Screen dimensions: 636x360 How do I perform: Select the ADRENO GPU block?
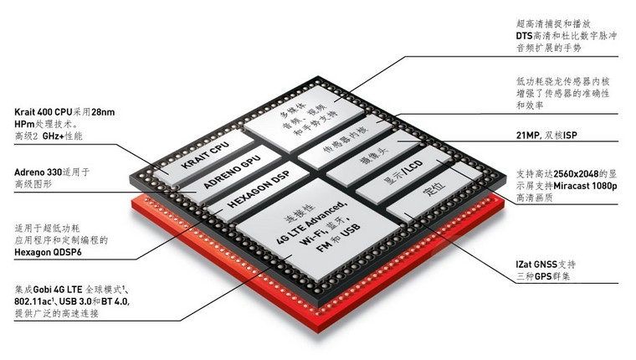pos(232,172)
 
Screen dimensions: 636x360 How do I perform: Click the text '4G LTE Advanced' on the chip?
pos(311,223)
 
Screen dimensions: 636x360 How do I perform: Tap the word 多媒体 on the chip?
pos(293,110)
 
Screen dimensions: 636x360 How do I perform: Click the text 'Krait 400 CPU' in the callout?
pos(43,112)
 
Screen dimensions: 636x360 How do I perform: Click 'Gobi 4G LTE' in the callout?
pos(58,290)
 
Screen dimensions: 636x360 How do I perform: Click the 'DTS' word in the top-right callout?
pos(524,36)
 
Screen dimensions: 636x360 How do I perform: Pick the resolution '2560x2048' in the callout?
pos(576,173)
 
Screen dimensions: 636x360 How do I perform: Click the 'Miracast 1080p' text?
pos(585,186)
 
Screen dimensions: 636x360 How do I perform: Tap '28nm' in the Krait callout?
pos(103,112)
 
